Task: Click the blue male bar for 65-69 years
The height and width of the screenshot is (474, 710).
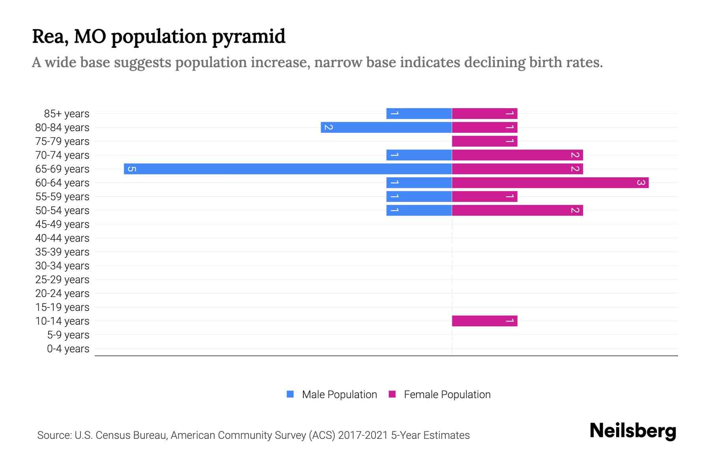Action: tap(288, 169)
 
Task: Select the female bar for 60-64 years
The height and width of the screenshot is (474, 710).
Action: tap(550, 183)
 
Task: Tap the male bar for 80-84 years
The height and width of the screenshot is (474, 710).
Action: tap(386, 128)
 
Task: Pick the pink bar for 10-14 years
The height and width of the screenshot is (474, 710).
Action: tap(484, 321)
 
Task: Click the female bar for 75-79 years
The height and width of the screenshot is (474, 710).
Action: tap(484, 141)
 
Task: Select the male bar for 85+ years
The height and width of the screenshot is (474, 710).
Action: tap(419, 114)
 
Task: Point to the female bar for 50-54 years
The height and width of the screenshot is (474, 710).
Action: tap(517, 211)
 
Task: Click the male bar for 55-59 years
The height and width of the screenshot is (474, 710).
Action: tap(419, 197)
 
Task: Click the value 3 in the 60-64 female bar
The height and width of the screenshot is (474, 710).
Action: tap(641, 183)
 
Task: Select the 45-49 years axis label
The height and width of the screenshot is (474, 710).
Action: tap(62, 224)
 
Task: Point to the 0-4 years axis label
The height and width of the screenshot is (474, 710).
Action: tap(68, 349)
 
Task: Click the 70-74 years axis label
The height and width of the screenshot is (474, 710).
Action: tap(62, 155)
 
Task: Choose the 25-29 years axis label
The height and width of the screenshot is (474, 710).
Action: tap(62, 280)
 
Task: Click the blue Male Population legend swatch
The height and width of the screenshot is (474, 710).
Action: tap(290, 394)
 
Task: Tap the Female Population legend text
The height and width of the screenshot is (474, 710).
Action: tap(447, 395)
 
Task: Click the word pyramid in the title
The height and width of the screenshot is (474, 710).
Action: tap(248, 37)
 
